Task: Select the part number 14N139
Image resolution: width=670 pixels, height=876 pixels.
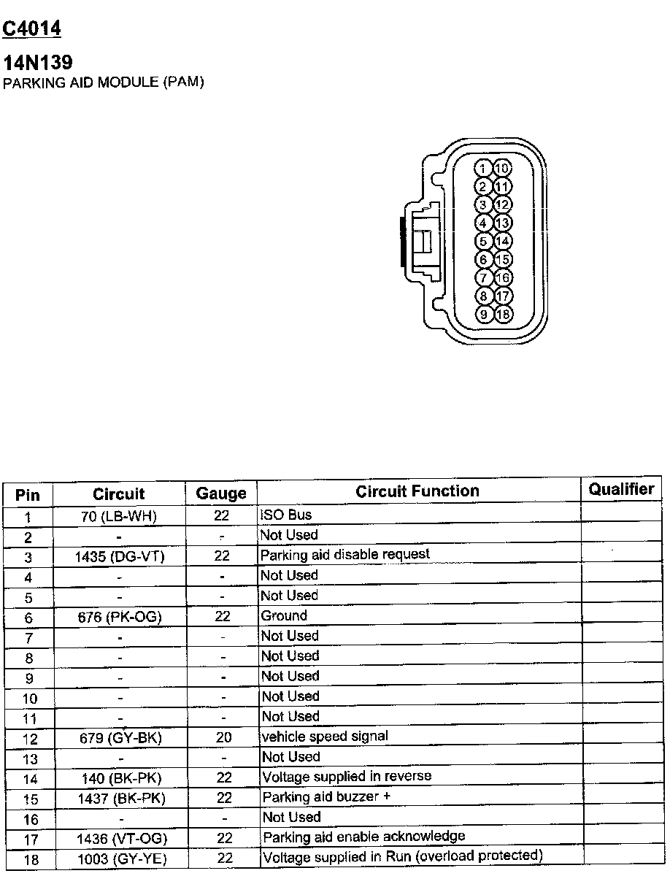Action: coord(38,63)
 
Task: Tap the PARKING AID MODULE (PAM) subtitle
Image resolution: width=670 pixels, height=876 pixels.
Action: coord(104,82)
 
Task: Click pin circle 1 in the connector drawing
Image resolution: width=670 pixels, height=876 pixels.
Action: coord(483,169)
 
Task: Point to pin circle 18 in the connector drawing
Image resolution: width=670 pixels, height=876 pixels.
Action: coord(503,315)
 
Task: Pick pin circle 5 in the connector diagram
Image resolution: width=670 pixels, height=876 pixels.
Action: coord(483,241)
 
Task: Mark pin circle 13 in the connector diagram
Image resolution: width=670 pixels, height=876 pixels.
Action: coord(503,223)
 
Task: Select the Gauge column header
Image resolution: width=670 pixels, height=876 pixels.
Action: coord(221,494)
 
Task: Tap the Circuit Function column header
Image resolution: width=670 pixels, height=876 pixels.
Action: coord(417,491)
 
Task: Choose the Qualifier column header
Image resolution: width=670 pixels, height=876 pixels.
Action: coord(621,489)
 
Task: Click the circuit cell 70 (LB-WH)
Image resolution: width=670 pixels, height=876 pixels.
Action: coord(119,517)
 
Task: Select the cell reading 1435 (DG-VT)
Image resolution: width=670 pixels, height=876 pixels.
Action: coord(120,557)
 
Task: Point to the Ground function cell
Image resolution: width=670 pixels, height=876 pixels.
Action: coord(284,615)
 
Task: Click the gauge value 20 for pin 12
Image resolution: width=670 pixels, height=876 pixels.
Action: coord(223,737)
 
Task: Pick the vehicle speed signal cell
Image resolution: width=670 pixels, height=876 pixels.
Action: coord(325,736)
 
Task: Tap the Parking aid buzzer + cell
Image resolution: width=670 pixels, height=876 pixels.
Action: coord(321,796)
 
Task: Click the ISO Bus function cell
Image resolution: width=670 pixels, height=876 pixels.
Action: coord(286,515)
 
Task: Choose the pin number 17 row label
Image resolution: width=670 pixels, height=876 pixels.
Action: coord(30,839)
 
